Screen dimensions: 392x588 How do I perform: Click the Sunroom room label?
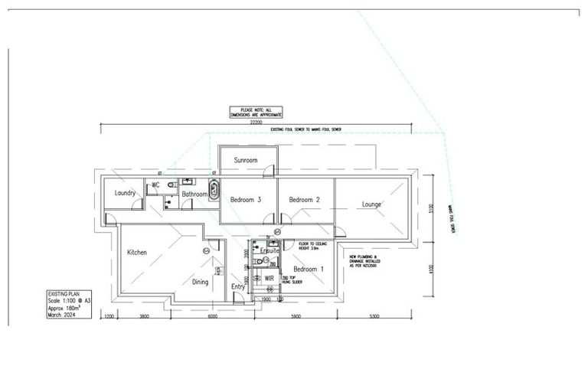coord(246,161)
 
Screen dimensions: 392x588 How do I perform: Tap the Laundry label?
coord(125,193)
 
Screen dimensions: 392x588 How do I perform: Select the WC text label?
coord(155,185)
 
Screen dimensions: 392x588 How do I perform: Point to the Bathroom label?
coord(194,195)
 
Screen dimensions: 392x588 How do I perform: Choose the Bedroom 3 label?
coord(246,200)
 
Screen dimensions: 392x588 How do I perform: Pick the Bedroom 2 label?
coord(304,200)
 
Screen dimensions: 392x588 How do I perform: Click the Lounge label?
coord(371,204)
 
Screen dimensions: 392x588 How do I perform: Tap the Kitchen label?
coord(137,252)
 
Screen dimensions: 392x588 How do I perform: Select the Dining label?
coord(200,282)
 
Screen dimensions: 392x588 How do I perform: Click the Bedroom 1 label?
coord(309,269)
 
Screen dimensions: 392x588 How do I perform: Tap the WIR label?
coord(269,279)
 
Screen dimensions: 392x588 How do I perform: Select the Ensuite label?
coord(269,250)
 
